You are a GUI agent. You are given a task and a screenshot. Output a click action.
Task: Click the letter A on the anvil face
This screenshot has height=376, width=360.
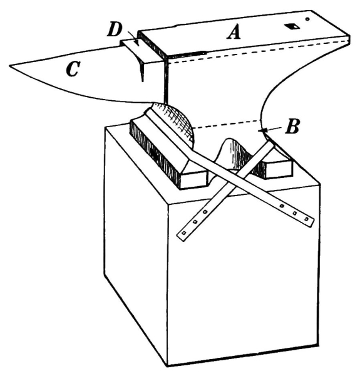[234, 33]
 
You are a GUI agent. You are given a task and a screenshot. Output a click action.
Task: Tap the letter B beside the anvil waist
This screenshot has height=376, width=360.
[292, 127]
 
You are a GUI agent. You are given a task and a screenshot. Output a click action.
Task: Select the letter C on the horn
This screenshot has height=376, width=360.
[73, 69]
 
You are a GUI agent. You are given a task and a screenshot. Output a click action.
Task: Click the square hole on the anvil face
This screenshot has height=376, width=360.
[292, 26]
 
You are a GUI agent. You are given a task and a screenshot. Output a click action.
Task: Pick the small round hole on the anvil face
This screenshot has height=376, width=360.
[307, 19]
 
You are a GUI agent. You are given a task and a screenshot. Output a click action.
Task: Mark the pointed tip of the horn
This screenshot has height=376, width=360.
[10, 65]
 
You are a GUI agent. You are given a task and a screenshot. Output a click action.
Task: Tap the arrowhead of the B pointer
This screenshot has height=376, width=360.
[262, 130]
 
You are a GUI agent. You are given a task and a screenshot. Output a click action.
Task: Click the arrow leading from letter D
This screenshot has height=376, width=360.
[133, 38]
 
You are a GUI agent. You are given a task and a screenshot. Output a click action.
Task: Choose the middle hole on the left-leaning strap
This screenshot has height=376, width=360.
[195, 222]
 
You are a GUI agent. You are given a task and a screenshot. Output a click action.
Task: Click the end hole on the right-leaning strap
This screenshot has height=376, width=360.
[306, 219]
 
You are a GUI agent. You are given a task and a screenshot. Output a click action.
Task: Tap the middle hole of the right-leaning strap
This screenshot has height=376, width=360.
[295, 213]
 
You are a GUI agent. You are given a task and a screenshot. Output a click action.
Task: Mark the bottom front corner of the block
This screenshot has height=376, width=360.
[168, 366]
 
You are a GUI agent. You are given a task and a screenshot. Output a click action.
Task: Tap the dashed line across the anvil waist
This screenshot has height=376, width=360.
[227, 123]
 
